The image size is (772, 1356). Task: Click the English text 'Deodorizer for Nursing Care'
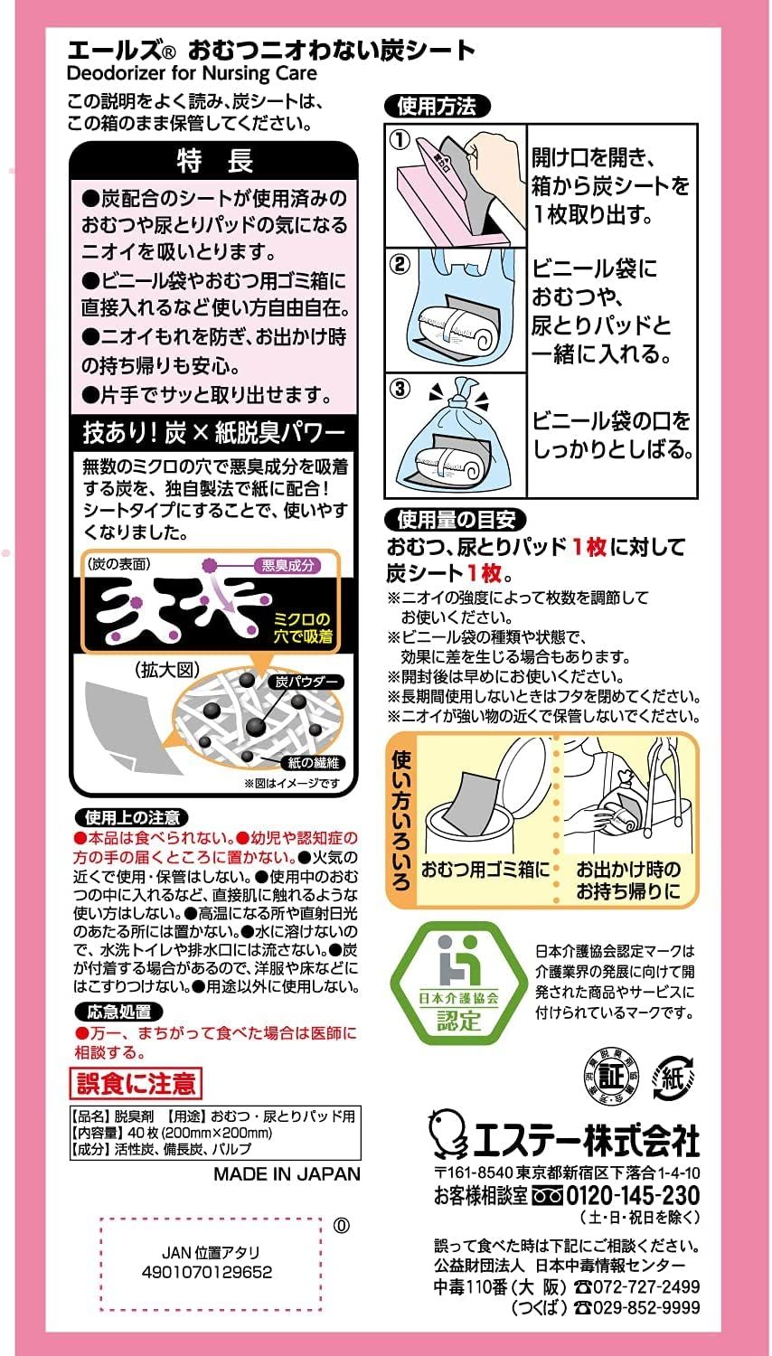click(x=192, y=74)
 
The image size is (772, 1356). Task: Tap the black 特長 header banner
click(x=213, y=160)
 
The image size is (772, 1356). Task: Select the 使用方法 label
click(x=437, y=107)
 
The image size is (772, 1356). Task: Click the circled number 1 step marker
click(x=400, y=140)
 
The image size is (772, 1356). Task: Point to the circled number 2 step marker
click(x=400, y=265)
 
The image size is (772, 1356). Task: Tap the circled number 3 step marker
click(x=400, y=389)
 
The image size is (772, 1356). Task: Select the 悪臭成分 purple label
click(x=287, y=565)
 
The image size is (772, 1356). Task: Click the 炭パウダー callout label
click(x=306, y=682)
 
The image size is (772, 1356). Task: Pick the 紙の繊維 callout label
click(x=313, y=763)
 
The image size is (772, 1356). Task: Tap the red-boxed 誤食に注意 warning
click(x=136, y=1083)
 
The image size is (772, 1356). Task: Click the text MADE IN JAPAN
click(x=287, y=1173)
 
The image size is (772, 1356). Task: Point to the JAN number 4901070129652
click(x=207, y=1272)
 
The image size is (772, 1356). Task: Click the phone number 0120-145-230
click(x=633, y=1195)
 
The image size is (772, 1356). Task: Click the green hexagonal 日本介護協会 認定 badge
click(x=458, y=984)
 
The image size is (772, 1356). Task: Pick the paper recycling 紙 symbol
click(x=673, y=1078)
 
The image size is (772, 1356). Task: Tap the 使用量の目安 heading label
click(x=456, y=520)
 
